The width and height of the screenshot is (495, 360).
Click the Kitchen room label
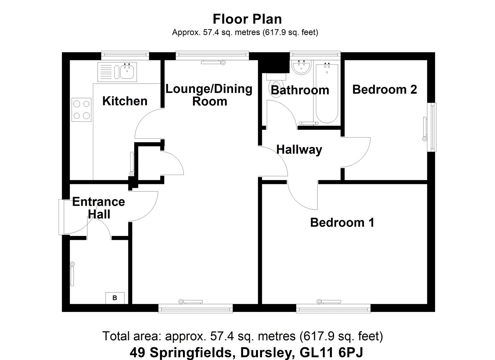pyautogui.click(x=125, y=101)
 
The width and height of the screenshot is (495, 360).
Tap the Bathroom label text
pyautogui.click(x=300, y=90)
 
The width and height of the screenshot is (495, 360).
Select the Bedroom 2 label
pyautogui.click(x=384, y=89)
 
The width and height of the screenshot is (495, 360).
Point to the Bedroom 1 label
pyautogui.click(x=342, y=222)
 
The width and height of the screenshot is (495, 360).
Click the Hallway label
pyautogui.click(x=299, y=150)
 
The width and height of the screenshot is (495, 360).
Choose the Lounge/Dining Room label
pyautogui.click(x=209, y=95)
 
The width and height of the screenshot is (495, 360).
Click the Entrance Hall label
pyautogui.click(x=99, y=208)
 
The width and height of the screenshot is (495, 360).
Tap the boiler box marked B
pyautogui.click(x=115, y=298)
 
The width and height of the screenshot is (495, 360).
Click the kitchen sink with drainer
pyautogui.click(x=117, y=72)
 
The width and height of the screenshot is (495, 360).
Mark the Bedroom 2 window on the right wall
pyautogui.click(x=433, y=127)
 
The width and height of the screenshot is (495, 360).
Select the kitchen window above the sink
pyautogui.click(x=125, y=55)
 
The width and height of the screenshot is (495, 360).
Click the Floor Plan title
pyautogui.click(x=247, y=19)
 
